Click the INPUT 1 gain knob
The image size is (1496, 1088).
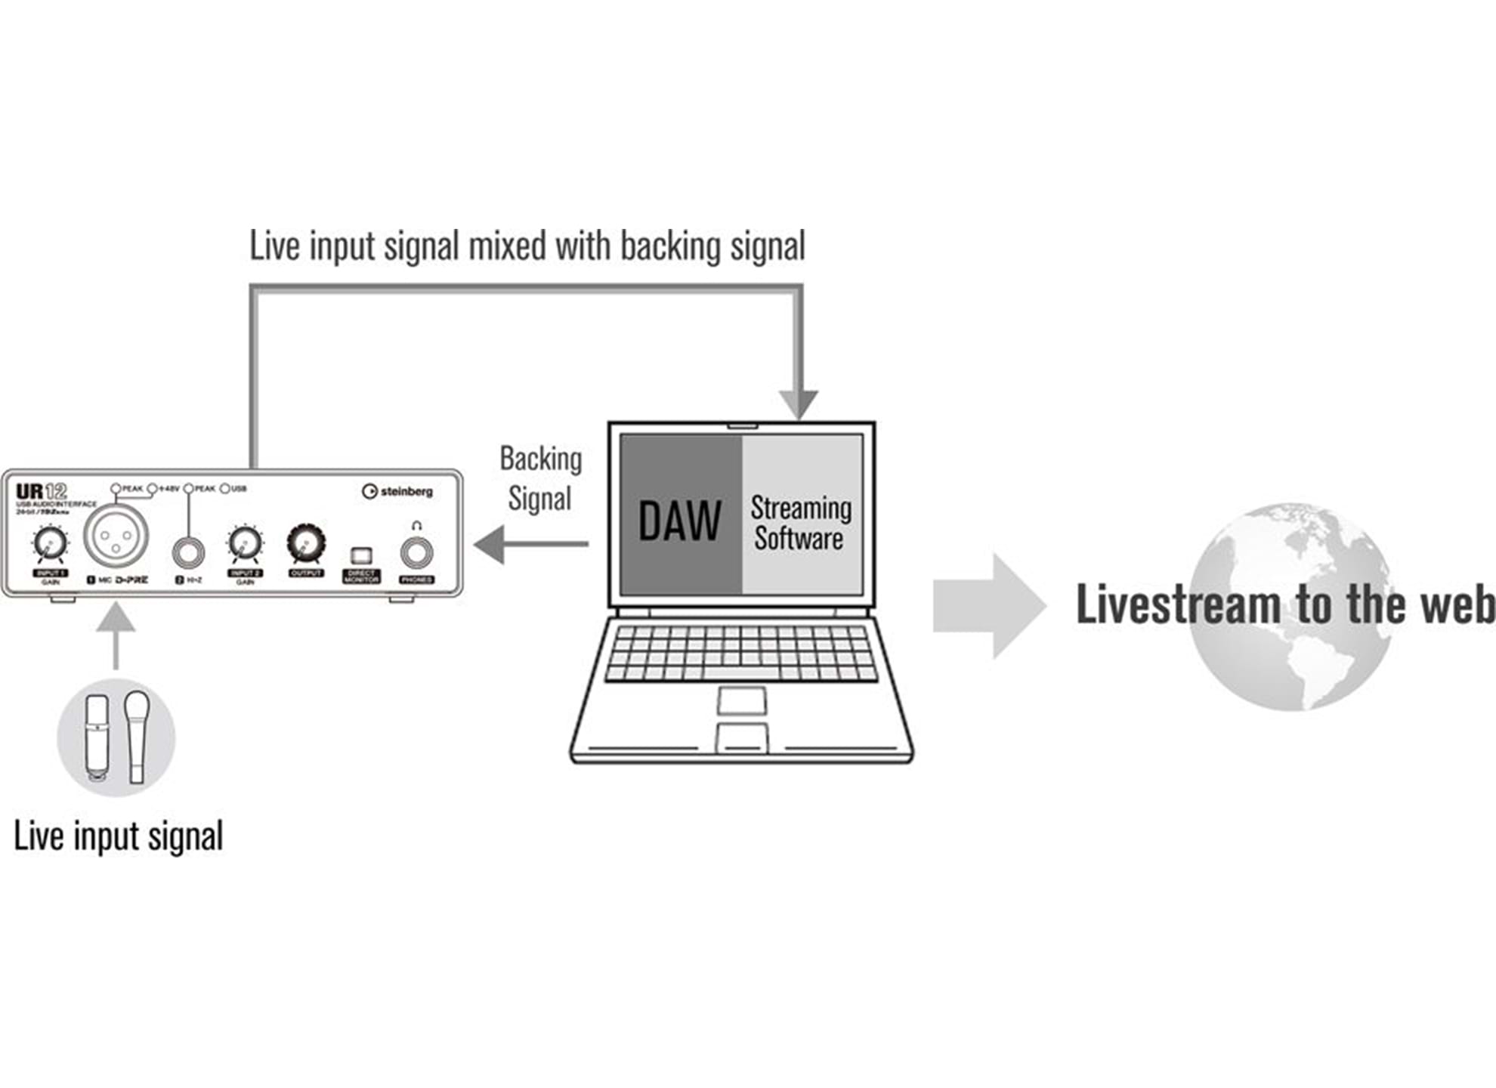pos(50,542)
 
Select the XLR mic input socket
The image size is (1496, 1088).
pos(116,535)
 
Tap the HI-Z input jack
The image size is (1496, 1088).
pos(189,553)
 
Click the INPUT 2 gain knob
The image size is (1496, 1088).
pos(245,543)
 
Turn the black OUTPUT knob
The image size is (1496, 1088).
pos(305,544)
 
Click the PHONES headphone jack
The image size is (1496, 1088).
pos(416,553)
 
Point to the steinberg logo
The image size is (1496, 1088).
pos(397,492)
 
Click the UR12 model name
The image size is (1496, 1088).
pos(42,491)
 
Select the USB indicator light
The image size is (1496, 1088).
pos(224,489)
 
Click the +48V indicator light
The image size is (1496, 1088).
pos(152,489)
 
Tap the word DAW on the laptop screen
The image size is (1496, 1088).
pos(679,521)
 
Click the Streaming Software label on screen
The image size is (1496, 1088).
pos(800,523)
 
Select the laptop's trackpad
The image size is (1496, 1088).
pos(741,700)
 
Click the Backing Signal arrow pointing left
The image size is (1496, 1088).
pos(529,544)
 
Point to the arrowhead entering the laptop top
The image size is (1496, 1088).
pos(799,403)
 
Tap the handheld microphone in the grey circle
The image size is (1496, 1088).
pos(137,735)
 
